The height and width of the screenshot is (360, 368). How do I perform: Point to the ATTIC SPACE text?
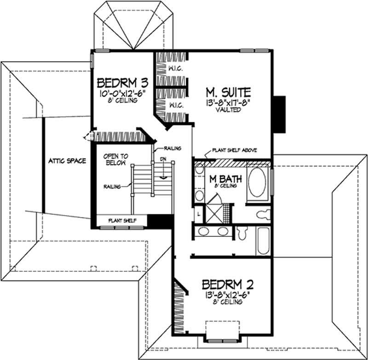pyautogui.click(x=68, y=161)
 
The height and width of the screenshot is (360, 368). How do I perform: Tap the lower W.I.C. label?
pyautogui.click(x=176, y=105)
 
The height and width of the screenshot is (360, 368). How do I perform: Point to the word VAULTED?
pyautogui.click(x=224, y=109)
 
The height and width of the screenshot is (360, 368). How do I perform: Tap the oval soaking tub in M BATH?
pyautogui.click(x=259, y=182)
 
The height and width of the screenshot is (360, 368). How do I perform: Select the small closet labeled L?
pyautogui.click(x=198, y=214)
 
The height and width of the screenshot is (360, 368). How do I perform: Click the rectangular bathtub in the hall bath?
pyautogui.click(x=264, y=239)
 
